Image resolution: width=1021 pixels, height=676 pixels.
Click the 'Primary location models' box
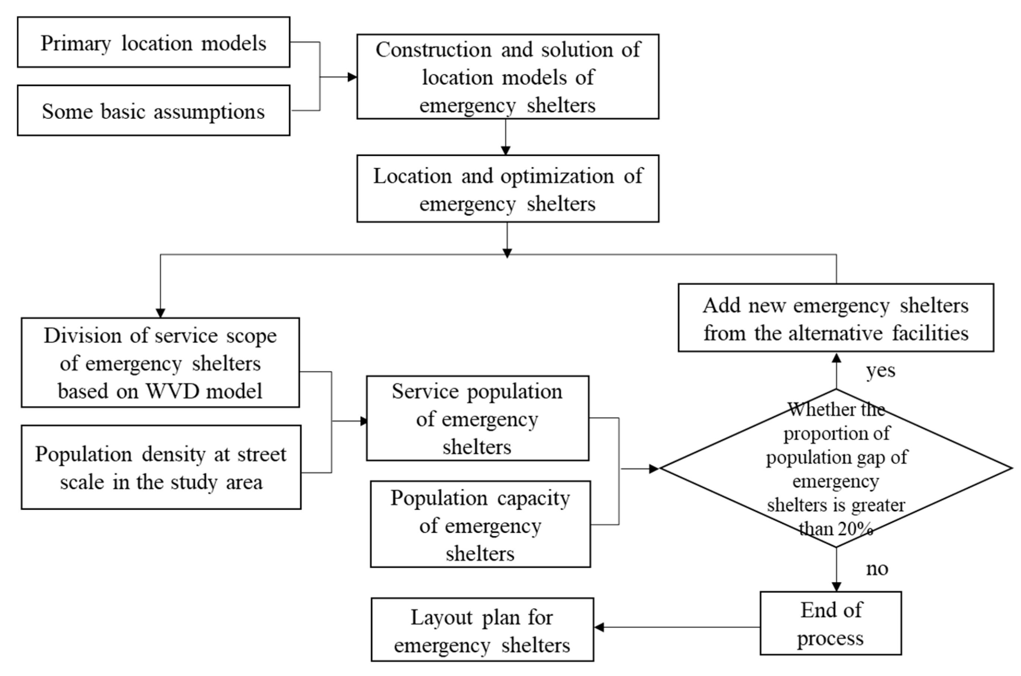154,42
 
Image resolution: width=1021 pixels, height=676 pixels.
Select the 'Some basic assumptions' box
154,110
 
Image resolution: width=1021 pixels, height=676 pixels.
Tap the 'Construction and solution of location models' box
508,77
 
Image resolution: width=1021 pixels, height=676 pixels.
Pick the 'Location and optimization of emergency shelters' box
508,189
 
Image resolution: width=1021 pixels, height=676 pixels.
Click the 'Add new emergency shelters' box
835,318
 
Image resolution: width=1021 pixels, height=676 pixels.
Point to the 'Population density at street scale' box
161,467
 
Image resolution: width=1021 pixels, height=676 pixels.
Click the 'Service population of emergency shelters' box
477,418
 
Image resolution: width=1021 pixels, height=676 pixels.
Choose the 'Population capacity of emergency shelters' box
480,524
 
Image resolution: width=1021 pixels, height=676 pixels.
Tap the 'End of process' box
830,623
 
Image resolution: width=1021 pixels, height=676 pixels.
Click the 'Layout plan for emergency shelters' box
482,629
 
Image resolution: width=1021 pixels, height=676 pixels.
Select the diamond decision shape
836,468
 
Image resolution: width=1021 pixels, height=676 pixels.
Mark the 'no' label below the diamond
877,569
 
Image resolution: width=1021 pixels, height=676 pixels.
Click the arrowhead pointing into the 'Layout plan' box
599,627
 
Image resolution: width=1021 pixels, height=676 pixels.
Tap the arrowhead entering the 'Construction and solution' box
353,77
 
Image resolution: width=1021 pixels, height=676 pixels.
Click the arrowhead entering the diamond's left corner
654,469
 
